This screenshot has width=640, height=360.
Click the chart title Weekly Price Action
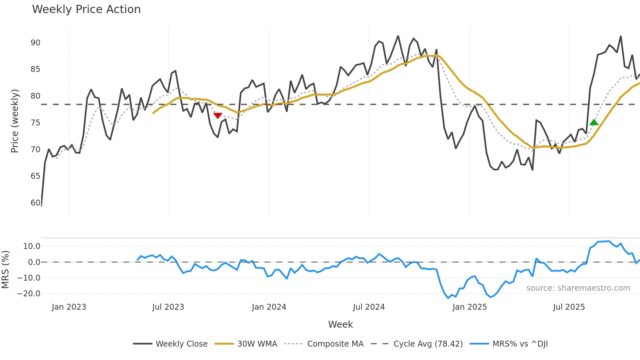[x=86, y=9]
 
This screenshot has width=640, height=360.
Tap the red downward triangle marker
[x=218, y=116]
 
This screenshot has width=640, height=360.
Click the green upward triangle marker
[x=594, y=123]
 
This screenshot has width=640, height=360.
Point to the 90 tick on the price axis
[x=35, y=43]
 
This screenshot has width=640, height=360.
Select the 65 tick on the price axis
[x=35, y=176]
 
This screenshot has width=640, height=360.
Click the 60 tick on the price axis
[x=35, y=203]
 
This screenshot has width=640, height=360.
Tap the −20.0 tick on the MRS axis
[x=29, y=294]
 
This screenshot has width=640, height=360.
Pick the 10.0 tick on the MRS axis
[x=32, y=246]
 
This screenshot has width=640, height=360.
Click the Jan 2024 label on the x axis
[x=269, y=307]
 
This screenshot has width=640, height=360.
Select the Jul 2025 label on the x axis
[x=569, y=307]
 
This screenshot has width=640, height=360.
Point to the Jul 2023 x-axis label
[x=168, y=307]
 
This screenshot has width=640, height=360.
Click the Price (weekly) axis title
[x=15, y=121]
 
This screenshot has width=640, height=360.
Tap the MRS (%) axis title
[x=5, y=270]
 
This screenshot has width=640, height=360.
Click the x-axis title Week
[x=340, y=324]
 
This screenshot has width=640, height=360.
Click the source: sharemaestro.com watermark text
[x=578, y=288]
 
